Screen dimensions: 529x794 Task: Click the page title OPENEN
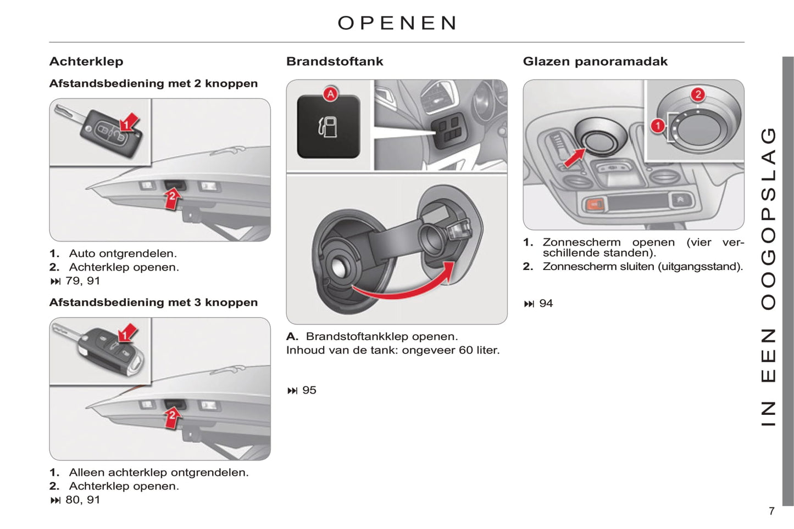pos(397,23)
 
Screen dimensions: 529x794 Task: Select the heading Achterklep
pos(86,61)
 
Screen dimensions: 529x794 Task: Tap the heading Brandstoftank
pos(335,61)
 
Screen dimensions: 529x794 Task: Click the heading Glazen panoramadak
pos(595,61)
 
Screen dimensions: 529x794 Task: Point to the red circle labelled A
pos(330,94)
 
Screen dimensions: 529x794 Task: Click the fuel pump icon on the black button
pos(328,127)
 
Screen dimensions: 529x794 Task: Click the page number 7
pos(771,511)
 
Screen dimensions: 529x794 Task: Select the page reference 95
pos(309,390)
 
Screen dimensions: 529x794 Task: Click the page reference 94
pos(546,303)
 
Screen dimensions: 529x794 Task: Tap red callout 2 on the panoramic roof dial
pos(698,94)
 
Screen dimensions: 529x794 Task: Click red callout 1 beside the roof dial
pos(658,126)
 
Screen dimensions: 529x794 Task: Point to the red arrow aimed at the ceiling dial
pos(575,157)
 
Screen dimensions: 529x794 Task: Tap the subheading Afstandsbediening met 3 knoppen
pos(153,302)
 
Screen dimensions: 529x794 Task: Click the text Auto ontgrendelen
pos(123,254)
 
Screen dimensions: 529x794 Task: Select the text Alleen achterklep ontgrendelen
pos(158,472)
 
